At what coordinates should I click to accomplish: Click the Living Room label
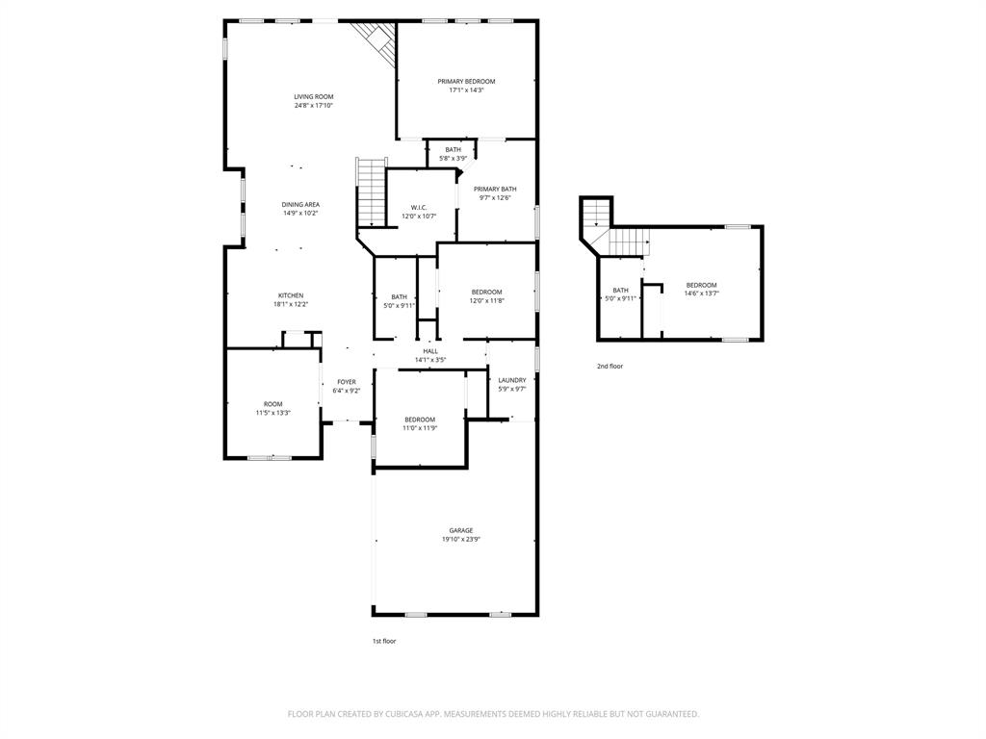314,96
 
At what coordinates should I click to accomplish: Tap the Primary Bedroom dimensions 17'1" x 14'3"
466,90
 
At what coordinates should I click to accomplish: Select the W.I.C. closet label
419,207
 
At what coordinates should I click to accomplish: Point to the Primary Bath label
495,189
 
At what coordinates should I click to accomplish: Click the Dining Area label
300,204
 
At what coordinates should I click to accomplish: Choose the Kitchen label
291,295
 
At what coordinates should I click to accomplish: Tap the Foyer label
347,382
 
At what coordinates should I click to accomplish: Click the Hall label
430,351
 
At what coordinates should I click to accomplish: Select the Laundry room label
511,380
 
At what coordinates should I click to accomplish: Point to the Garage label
460,530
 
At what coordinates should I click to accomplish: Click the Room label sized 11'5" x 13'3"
273,404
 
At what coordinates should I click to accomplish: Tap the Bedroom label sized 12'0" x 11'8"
486,292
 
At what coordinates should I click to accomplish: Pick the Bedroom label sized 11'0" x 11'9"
420,420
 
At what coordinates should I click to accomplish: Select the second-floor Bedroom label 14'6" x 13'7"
701,285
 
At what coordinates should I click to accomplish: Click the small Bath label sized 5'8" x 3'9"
453,149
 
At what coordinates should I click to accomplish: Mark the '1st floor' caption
384,641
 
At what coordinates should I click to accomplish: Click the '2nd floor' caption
610,367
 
